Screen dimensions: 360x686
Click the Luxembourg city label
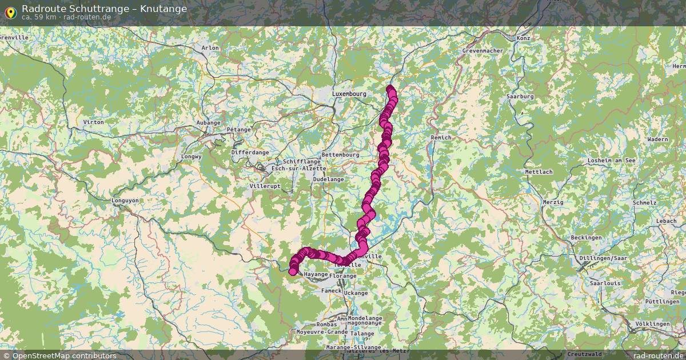349,94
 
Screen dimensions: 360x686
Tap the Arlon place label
210,48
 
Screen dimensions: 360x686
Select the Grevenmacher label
482,51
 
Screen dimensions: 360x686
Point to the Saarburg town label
520,97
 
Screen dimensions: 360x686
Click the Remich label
441,138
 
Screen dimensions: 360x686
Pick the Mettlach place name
539,172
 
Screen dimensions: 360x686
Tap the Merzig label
553,202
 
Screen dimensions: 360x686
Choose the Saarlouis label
605,283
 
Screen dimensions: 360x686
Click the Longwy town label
192,156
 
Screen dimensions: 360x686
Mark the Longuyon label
125,201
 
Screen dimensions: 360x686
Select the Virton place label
93,122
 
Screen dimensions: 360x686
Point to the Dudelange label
329,179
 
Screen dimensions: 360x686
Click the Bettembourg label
340,155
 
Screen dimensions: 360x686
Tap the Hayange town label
316,274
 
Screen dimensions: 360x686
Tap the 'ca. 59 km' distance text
38,17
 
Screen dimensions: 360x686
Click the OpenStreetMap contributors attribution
59,355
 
